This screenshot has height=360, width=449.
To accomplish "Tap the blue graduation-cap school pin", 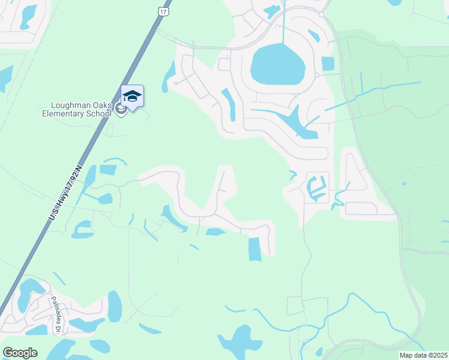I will coord(132,96).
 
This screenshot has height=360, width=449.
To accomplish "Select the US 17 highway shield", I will coord(164,11).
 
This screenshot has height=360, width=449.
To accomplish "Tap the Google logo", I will coord(20,353).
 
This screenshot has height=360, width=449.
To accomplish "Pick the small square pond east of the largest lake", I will coord(328,64).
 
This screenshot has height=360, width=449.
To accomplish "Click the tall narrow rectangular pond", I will coord(255,249).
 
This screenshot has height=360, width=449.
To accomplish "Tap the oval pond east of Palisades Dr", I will coord(115,306).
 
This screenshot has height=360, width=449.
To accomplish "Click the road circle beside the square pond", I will coord(316,75).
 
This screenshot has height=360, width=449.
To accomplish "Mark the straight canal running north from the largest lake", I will coord(283,24).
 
